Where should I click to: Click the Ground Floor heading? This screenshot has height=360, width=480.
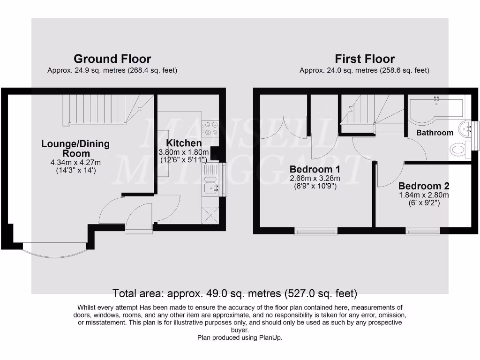click(112, 59)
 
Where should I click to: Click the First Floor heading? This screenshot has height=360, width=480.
click(364, 59)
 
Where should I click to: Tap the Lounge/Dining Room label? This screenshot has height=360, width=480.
click(75, 149)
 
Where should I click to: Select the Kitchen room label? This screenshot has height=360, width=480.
click(184, 143)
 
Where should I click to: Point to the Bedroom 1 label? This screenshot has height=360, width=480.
click(314, 169)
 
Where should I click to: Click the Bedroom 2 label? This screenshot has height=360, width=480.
click(424, 186)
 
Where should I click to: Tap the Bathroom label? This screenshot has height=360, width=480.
click(435, 133)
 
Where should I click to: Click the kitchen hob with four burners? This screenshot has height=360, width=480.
click(209, 126)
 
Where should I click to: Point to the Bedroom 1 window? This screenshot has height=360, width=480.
click(315, 231)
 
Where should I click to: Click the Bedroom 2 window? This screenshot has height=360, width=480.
click(422, 231)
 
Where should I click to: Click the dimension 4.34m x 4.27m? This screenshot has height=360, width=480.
click(75, 163)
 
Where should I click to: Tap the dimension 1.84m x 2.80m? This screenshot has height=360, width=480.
click(424, 195)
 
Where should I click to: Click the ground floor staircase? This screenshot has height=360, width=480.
click(108, 110)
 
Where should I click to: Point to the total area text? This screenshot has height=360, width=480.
click(235, 294)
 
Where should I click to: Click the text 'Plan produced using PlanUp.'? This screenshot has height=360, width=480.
click(240, 337)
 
